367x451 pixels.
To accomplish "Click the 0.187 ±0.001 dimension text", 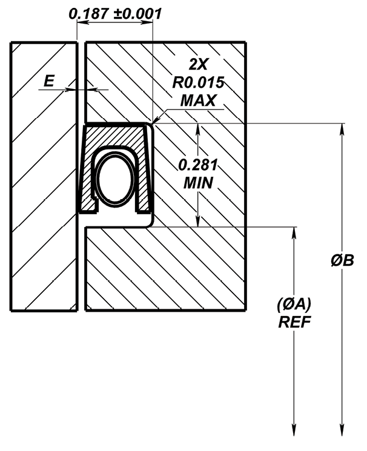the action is click(115, 13).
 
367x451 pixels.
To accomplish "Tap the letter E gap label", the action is click(49, 81).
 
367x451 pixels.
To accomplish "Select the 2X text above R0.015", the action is click(198, 64).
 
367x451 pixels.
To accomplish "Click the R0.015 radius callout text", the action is click(198, 83).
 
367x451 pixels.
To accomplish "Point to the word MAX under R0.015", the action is click(198, 100).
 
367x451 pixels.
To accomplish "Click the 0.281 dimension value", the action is click(198, 165).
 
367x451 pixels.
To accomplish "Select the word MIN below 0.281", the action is click(198, 183).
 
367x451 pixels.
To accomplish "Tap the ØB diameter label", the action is click(342, 260).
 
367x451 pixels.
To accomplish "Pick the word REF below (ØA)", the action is click(294, 322).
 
